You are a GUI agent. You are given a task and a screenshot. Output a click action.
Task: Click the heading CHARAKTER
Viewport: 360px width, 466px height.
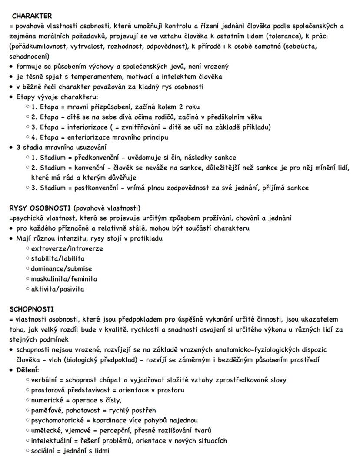32,16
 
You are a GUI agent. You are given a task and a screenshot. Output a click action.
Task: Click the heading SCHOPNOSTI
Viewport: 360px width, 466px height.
32,309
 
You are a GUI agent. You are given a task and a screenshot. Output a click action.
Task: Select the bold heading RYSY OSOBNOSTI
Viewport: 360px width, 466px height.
40,208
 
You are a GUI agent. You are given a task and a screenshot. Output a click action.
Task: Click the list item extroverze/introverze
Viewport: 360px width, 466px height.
67,248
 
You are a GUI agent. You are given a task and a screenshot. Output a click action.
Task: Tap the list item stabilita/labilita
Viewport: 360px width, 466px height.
58,258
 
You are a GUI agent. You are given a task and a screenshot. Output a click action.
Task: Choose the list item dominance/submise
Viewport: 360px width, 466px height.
61,268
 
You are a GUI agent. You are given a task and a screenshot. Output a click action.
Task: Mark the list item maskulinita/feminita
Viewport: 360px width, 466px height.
64,278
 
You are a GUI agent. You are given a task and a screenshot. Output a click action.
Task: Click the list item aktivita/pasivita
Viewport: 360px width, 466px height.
57,289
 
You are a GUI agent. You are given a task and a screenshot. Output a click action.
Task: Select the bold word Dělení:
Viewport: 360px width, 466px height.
28,370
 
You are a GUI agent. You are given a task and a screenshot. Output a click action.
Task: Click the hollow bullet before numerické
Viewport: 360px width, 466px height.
27,400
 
